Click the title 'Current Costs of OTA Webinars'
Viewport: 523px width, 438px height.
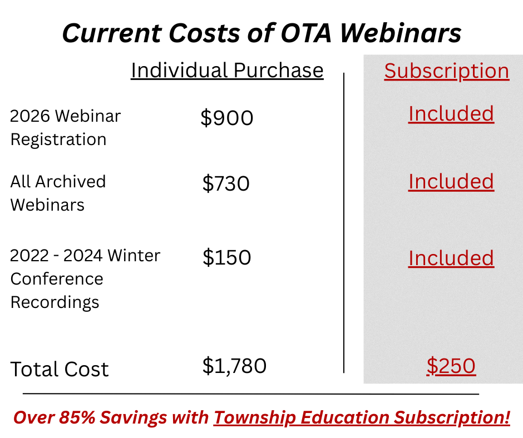click(x=261, y=33)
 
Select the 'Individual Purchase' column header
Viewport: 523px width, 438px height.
click(x=227, y=71)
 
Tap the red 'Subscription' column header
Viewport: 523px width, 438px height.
click(x=446, y=71)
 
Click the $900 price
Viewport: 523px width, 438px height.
click(x=226, y=118)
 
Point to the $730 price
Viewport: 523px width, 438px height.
click(x=225, y=183)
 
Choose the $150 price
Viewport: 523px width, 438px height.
click(x=226, y=257)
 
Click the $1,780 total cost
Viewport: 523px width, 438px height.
click(x=234, y=366)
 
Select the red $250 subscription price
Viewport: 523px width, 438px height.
click(x=451, y=366)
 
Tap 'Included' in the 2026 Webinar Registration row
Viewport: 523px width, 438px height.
click(x=451, y=113)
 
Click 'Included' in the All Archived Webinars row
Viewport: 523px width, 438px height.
click(x=451, y=182)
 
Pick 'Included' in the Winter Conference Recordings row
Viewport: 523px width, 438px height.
click(x=451, y=258)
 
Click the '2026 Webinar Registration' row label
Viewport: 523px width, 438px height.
click(x=65, y=127)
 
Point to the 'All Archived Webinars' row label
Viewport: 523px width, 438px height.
click(x=58, y=193)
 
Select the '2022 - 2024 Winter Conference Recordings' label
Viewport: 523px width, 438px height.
click(x=85, y=278)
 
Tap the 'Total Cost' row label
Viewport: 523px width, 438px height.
click(x=60, y=369)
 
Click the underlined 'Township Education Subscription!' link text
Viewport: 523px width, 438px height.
click(x=362, y=417)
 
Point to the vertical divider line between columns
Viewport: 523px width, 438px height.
click(x=344, y=222)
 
